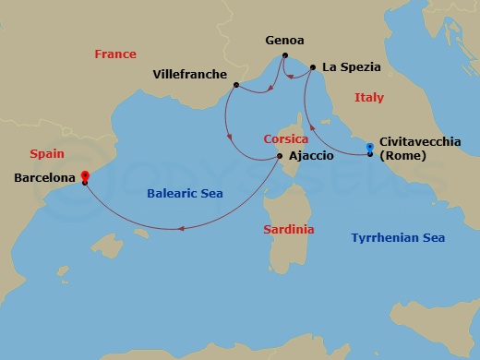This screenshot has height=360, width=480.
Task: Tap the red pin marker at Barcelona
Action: (84, 175)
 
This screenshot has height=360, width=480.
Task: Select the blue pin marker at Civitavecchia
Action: (370, 147)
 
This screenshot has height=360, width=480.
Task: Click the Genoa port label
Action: (284, 42)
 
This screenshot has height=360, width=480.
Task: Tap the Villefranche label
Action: (188, 71)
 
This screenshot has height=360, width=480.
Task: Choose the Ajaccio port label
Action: (311, 156)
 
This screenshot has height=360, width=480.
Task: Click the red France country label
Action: (115, 54)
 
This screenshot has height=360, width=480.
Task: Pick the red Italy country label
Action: (369, 97)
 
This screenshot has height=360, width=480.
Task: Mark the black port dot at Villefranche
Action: (236, 85)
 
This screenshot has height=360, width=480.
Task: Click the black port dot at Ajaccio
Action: (280, 156)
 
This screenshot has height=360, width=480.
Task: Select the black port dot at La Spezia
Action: (313, 67)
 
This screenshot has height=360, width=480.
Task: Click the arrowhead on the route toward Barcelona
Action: (182, 229)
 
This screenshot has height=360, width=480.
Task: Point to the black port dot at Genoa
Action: (283, 57)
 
